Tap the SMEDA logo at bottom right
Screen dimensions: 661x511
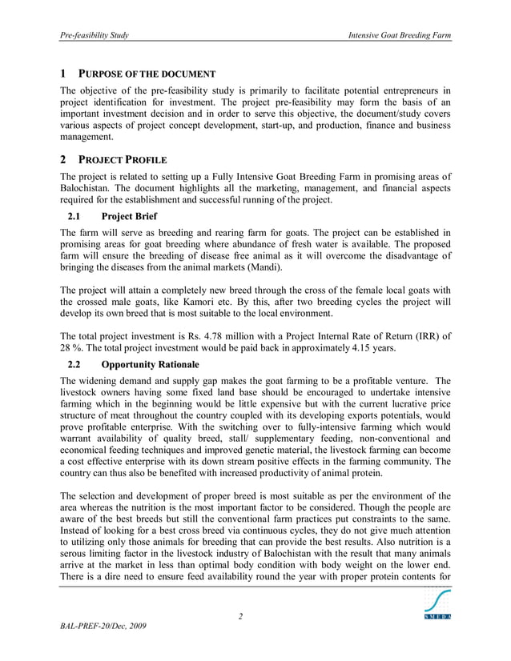437,604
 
